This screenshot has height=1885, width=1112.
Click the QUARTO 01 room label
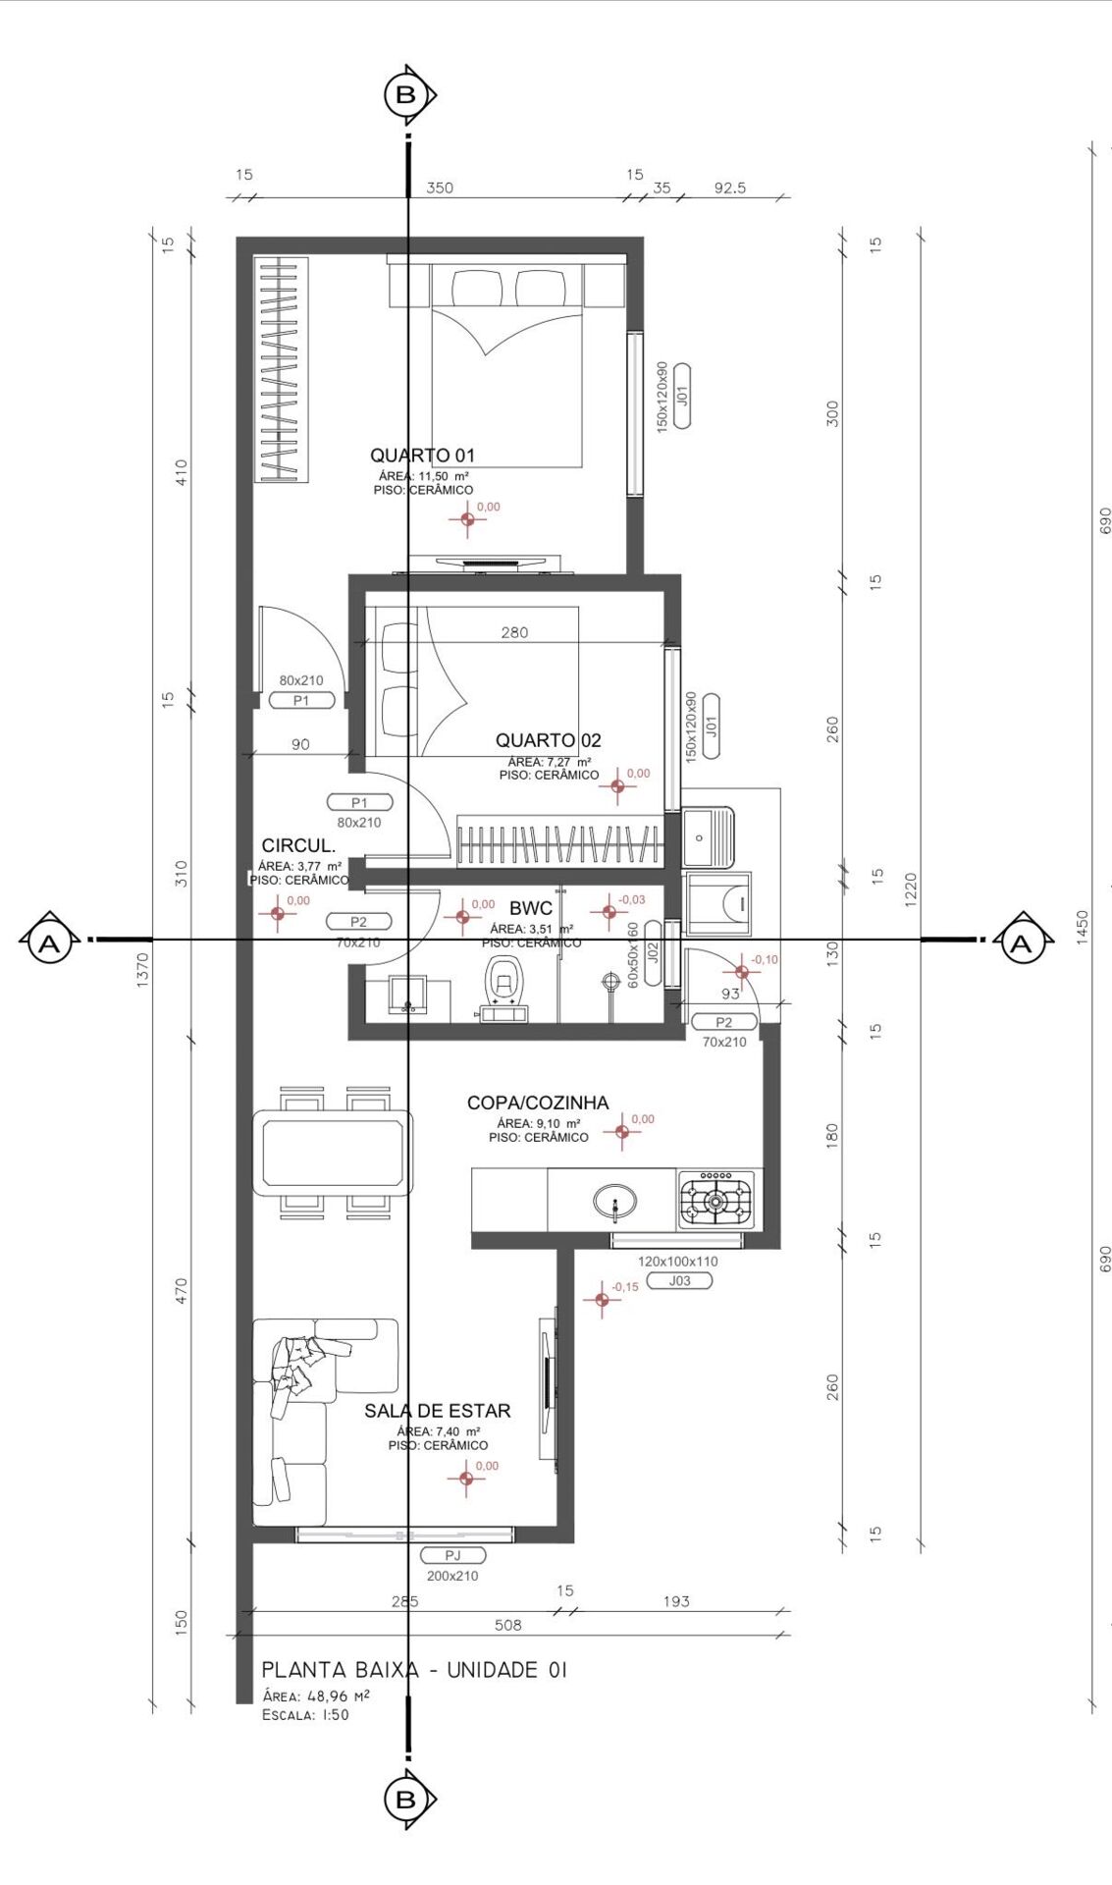(x=422, y=455)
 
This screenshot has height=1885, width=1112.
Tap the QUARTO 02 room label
(x=548, y=740)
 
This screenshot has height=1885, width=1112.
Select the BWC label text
(x=530, y=908)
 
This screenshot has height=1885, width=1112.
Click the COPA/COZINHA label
(x=537, y=1103)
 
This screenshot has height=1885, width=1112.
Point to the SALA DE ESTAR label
(x=437, y=1411)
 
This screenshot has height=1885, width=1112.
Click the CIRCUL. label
(x=298, y=845)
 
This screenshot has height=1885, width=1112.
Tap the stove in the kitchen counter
(x=716, y=1200)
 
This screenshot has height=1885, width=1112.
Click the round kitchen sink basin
(x=614, y=1201)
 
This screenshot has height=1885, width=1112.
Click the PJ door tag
(x=452, y=1555)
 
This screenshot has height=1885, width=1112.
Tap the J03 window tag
(x=679, y=1280)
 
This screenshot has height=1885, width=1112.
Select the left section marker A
(x=47, y=943)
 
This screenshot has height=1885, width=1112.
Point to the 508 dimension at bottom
(x=507, y=1625)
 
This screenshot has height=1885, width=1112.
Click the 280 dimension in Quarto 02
(x=514, y=632)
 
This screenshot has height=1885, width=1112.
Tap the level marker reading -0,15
(x=603, y=1299)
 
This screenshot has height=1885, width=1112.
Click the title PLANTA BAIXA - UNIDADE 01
(x=414, y=1670)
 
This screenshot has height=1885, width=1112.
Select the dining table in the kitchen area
(x=332, y=1152)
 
